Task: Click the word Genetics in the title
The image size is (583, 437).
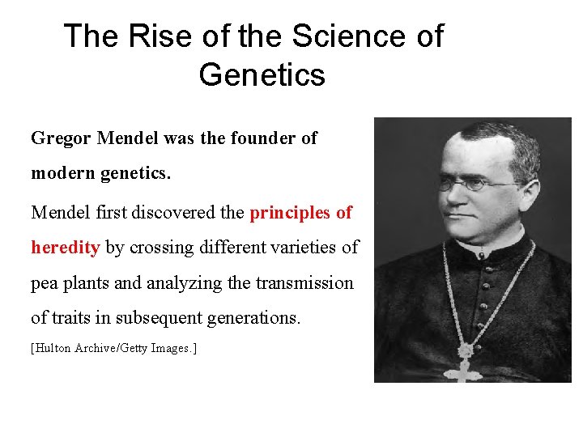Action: click(262, 74)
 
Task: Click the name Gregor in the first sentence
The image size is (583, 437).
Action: click(61, 138)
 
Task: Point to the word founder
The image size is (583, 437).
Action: click(247, 138)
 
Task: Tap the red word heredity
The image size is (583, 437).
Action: click(65, 248)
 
